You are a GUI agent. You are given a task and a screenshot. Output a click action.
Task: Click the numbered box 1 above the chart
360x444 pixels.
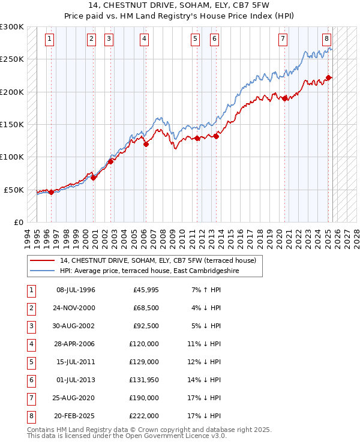pos(49,40)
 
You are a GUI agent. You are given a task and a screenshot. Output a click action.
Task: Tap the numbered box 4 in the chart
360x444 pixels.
pos(145,40)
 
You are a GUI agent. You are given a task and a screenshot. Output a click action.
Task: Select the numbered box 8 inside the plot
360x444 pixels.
pos(326,40)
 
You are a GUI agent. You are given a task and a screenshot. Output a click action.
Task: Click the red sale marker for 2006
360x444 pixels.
pos(146,143)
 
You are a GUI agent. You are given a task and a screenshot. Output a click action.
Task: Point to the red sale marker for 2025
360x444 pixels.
pos(329,77)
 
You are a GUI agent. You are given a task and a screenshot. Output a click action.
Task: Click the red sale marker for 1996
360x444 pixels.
pos(51,192)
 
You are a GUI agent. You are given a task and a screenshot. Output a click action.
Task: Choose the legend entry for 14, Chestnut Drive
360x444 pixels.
pos(158,260)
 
